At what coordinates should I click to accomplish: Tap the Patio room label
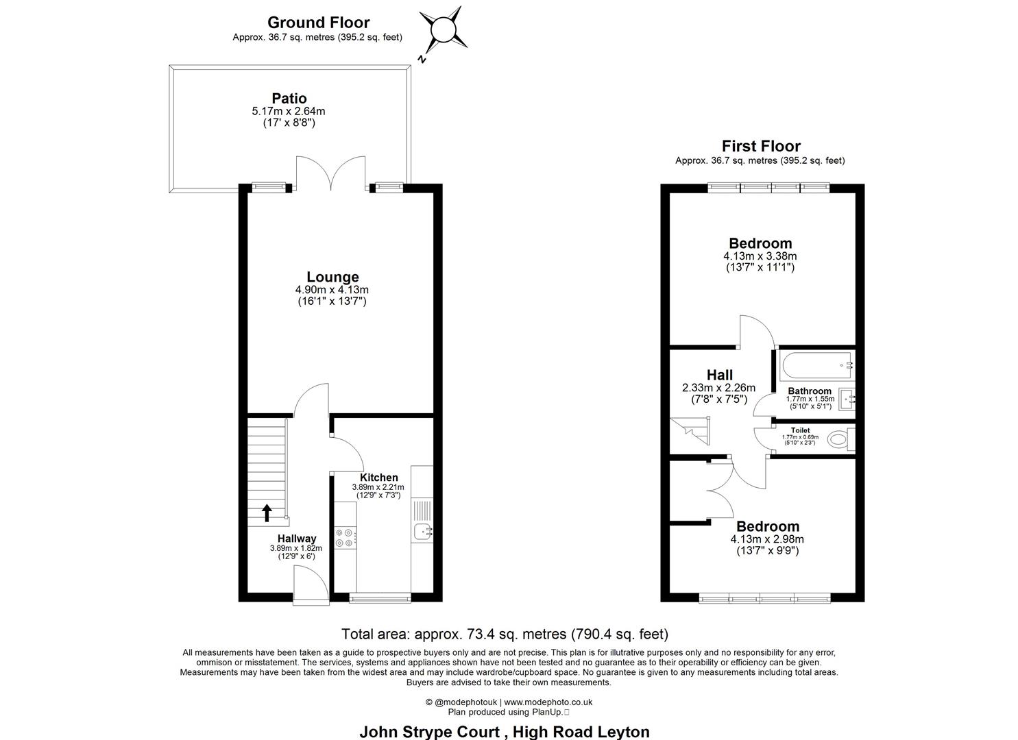289,99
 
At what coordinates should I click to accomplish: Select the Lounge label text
332,277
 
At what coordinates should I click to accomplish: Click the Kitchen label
378,478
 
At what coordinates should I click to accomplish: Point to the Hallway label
297,539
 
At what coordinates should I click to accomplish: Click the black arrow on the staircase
267,512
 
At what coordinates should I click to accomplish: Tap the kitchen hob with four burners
346,538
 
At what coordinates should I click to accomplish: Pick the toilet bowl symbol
838,439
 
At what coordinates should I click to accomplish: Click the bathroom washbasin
847,398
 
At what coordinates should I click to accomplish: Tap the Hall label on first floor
719,375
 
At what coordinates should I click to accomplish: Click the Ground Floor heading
318,23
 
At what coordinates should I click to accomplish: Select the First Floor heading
760,146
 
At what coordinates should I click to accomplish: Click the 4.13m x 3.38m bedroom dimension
760,256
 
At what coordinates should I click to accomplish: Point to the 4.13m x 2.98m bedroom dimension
767,539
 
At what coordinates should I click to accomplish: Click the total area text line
505,634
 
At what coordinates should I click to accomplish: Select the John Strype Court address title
504,731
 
